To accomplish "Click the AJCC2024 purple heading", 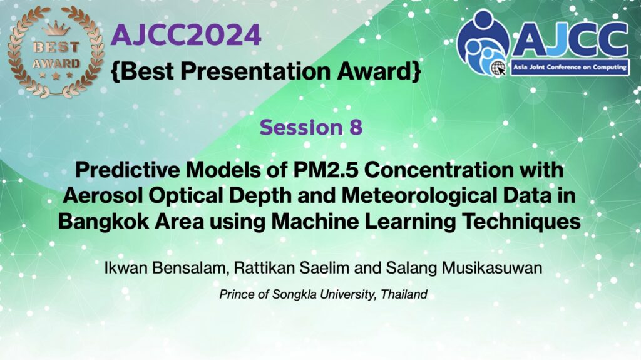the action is pyautogui.click(x=186, y=35).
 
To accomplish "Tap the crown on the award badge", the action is pyautogui.click(x=56, y=29).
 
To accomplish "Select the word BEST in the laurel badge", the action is pyautogui.click(x=56, y=48).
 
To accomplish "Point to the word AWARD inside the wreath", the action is pyautogui.click(x=56, y=64).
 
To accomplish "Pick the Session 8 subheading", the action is pyautogui.click(x=311, y=127).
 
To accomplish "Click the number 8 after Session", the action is pyautogui.click(x=356, y=127).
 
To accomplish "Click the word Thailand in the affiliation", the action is pyautogui.click(x=404, y=294).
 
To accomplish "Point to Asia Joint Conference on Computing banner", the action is pyautogui.click(x=570, y=68).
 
